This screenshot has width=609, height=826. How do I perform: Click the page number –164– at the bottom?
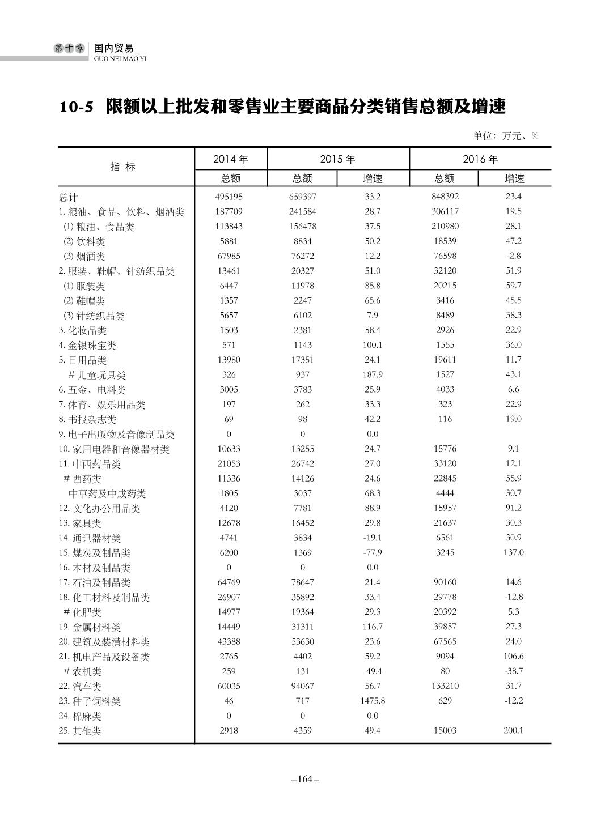[304, 779]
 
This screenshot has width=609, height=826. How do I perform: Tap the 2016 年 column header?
[480, 159]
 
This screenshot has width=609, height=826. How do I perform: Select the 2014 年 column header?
[230, 159]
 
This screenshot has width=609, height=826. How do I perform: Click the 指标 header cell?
[123, 167]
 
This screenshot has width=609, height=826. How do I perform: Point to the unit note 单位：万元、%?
[505, 135]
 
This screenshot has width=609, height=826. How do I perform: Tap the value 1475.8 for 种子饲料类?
[372, 701]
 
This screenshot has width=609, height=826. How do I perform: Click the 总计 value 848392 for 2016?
[445, 197]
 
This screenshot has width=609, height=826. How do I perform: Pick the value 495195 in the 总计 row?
[229, 197]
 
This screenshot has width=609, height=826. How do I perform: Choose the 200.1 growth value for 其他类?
[513, 730]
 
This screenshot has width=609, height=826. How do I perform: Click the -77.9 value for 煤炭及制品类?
[372, 552]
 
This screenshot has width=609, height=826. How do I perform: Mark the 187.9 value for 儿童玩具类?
[372, 374]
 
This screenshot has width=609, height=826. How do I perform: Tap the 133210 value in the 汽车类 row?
[445, 686]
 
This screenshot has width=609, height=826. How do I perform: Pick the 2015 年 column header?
[337, 159]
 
